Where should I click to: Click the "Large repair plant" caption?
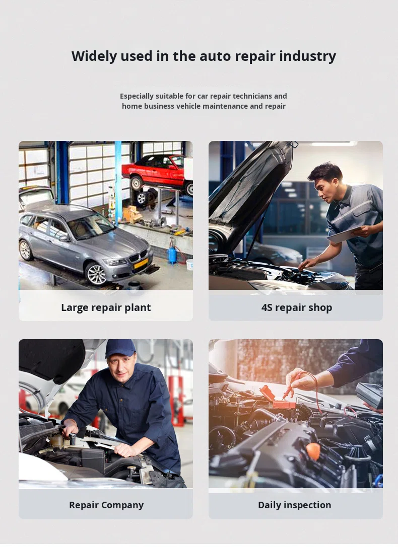(106, 307)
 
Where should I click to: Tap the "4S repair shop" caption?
(297, 307)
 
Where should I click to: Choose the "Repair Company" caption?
(106, 505)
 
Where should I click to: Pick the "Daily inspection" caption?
(294, 505)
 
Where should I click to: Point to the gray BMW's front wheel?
(96, 274)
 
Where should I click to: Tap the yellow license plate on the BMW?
(141, 263)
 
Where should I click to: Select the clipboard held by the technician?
(344, 235)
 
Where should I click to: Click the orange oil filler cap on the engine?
(313, 451)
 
